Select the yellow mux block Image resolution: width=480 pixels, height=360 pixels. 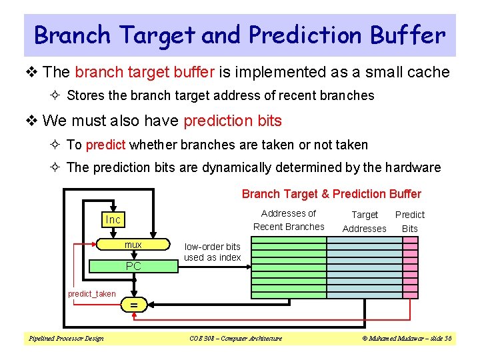133,245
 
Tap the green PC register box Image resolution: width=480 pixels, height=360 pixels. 133,266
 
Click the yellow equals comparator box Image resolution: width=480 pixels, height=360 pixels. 133,305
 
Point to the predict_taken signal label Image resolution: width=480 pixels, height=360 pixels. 91,294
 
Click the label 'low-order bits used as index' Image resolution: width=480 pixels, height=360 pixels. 212,252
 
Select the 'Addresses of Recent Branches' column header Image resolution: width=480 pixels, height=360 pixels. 289,220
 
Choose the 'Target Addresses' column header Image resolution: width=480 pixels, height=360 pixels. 364,221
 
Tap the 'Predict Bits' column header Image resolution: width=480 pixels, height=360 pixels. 409,221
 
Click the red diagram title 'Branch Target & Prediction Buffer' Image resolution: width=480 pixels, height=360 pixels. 331,194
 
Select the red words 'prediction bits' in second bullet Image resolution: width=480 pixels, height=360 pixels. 232,121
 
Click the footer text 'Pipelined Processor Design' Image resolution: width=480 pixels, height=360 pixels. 65,339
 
